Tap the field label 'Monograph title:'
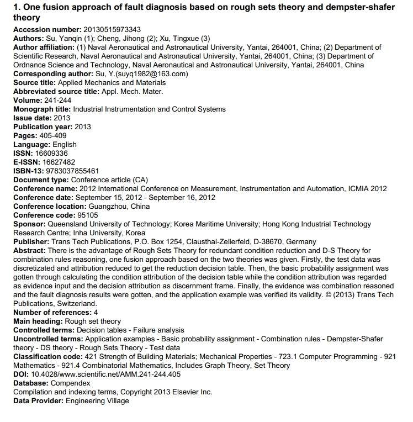[x=42, y=109]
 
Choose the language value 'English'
[x=63, y=144]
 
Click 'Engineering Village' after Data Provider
[x=97, y=400]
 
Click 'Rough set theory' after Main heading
[x=93, y=321]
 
